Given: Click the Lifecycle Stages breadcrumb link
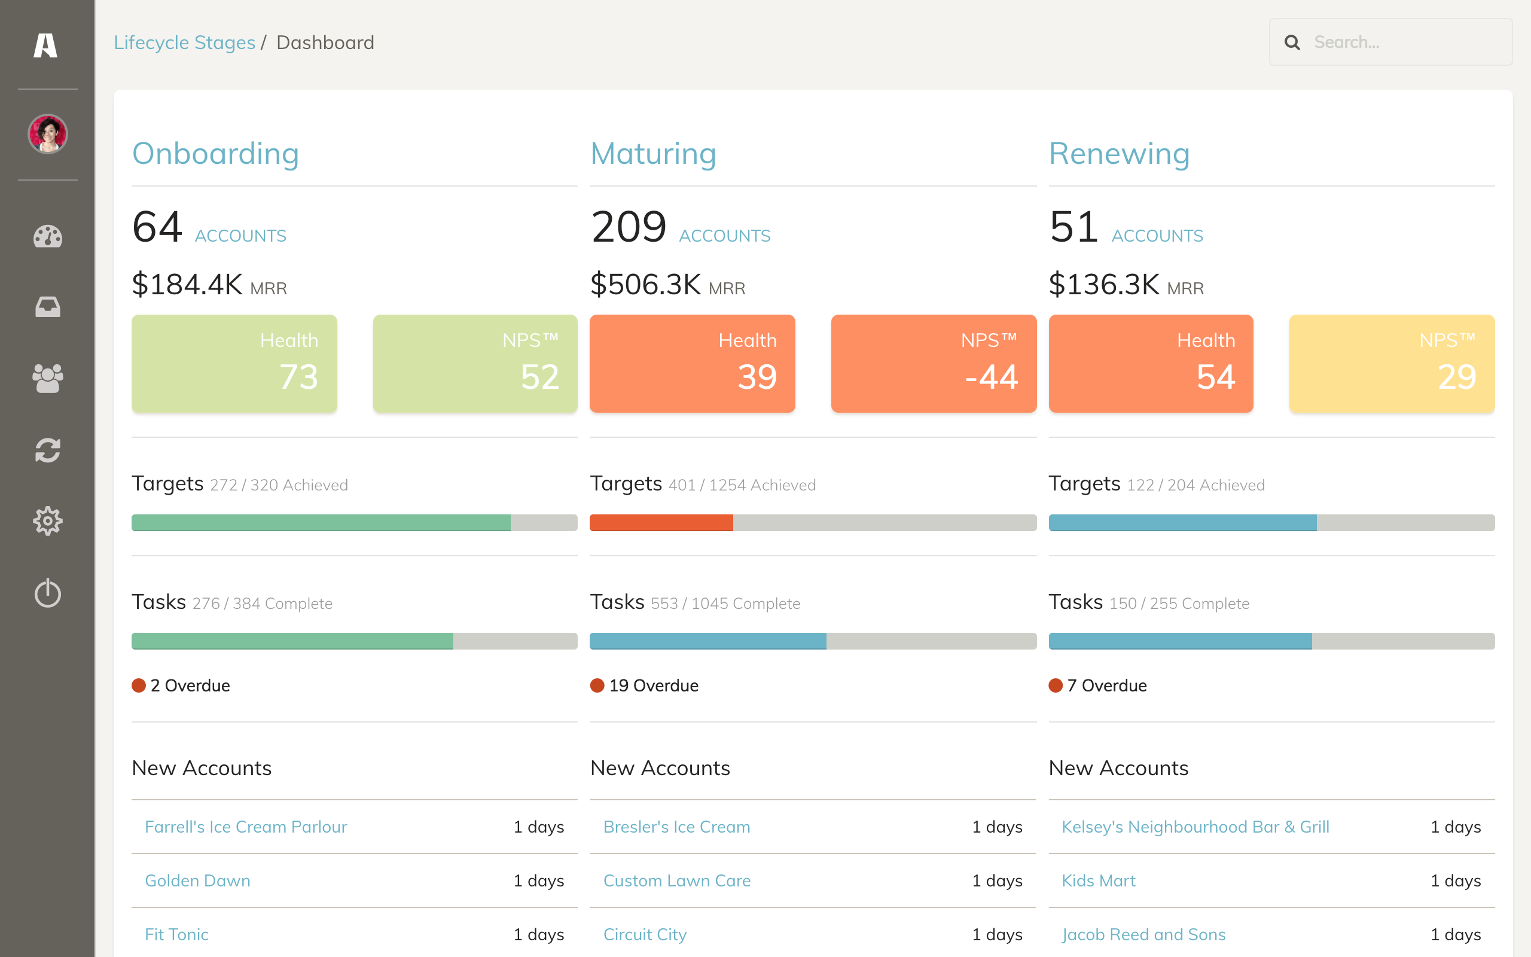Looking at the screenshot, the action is pos(184,42).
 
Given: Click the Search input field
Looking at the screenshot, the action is pos(1390,42).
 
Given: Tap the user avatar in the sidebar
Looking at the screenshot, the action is pos(47,134).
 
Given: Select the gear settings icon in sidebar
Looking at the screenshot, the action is pos(47,521).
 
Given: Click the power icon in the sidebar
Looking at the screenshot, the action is pos(47,593).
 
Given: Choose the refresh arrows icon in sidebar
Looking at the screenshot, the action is pos(47,450).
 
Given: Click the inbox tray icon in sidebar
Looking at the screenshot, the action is pos(47,307).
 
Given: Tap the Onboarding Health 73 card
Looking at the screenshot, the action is pos(234,363).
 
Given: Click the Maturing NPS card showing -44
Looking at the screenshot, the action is pos(933,363).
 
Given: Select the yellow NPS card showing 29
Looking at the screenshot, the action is pos(1392,363).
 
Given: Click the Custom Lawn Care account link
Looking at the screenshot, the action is pos(676,880).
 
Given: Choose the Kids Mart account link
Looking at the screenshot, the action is pos(1098,880).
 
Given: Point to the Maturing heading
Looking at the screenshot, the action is pos(653,154).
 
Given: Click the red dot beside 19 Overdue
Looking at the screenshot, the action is pos(597,685).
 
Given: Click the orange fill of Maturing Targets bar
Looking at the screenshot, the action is pos(661,523).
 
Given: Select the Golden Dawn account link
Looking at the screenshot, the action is pos(197,880).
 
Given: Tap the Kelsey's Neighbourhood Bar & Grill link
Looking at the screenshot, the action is pos(1195,827).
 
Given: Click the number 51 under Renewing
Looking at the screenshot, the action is pos(1073,227).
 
